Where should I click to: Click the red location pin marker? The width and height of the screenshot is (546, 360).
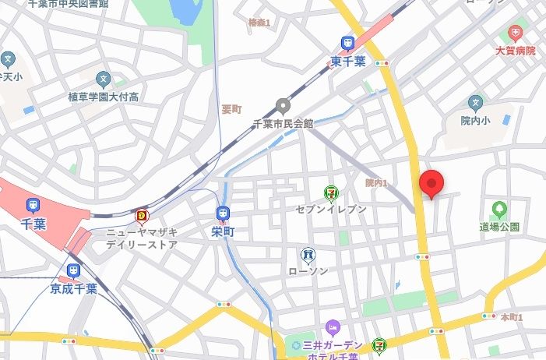point(432,184)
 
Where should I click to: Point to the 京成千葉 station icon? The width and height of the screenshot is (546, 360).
point(73,270)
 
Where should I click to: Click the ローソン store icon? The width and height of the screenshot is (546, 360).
point(308,254)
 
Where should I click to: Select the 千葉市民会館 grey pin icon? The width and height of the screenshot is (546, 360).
point(284,106)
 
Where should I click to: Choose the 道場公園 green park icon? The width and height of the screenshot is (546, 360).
point(498,209)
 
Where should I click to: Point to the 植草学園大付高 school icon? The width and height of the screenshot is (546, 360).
point(103,79)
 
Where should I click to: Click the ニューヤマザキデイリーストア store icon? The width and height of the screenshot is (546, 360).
point(142,215)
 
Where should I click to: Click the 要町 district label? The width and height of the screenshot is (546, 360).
point(231,109)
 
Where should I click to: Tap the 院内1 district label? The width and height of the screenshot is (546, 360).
point(376,183)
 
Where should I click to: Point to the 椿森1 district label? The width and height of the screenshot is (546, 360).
point(259,23)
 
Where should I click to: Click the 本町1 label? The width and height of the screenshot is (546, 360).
point(511,317)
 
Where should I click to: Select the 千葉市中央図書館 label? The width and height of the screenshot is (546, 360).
point(69,4)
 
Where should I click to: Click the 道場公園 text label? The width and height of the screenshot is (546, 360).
point(499,227)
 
